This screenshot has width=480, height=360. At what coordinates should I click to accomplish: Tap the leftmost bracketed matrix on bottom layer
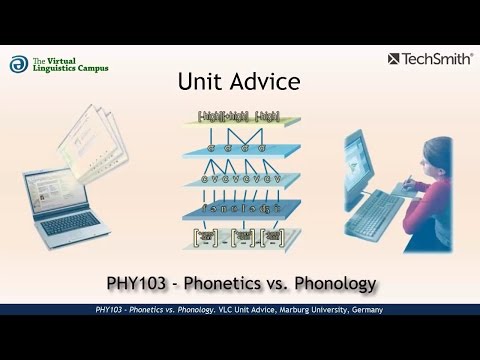(204, 237)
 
